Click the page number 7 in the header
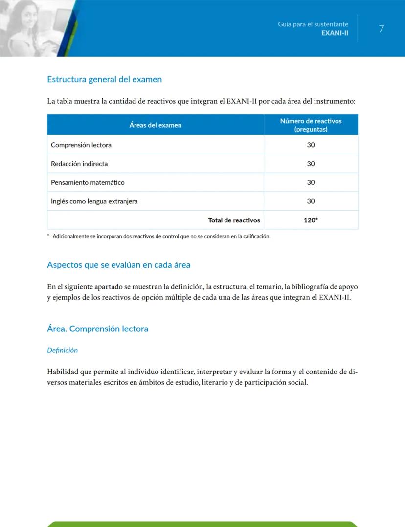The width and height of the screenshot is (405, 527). click(x=382, y=29)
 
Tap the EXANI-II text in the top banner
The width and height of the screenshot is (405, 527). click(x=335, y=33)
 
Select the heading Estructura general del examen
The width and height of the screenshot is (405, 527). click(x=104, y=79)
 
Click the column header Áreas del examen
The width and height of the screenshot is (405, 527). click(x=156, y=125)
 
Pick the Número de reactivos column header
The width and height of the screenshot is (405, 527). click(x=311, y=125)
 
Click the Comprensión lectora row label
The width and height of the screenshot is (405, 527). click(x=81, y=145)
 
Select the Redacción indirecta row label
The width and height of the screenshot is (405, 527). click(x=79, y=164)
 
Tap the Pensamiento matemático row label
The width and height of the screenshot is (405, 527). click(x=88, y=182)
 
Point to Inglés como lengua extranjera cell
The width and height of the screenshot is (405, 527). click(x=94, y=201)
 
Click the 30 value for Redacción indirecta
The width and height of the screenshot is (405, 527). click(x=311, y=164)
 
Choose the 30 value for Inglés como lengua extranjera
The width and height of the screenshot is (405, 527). click(x=311, y=201)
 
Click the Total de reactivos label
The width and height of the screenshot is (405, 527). click(x=234, y=220)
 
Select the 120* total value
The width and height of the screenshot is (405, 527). click(x=311, y=220)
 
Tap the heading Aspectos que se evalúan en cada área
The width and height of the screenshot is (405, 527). click(x=118, y=265)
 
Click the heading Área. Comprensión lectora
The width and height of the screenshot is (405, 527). click(x=97, y=329)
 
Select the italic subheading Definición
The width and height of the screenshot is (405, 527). click(x=62, y=350)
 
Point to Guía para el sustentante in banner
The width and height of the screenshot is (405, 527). click(x=313, y=24)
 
